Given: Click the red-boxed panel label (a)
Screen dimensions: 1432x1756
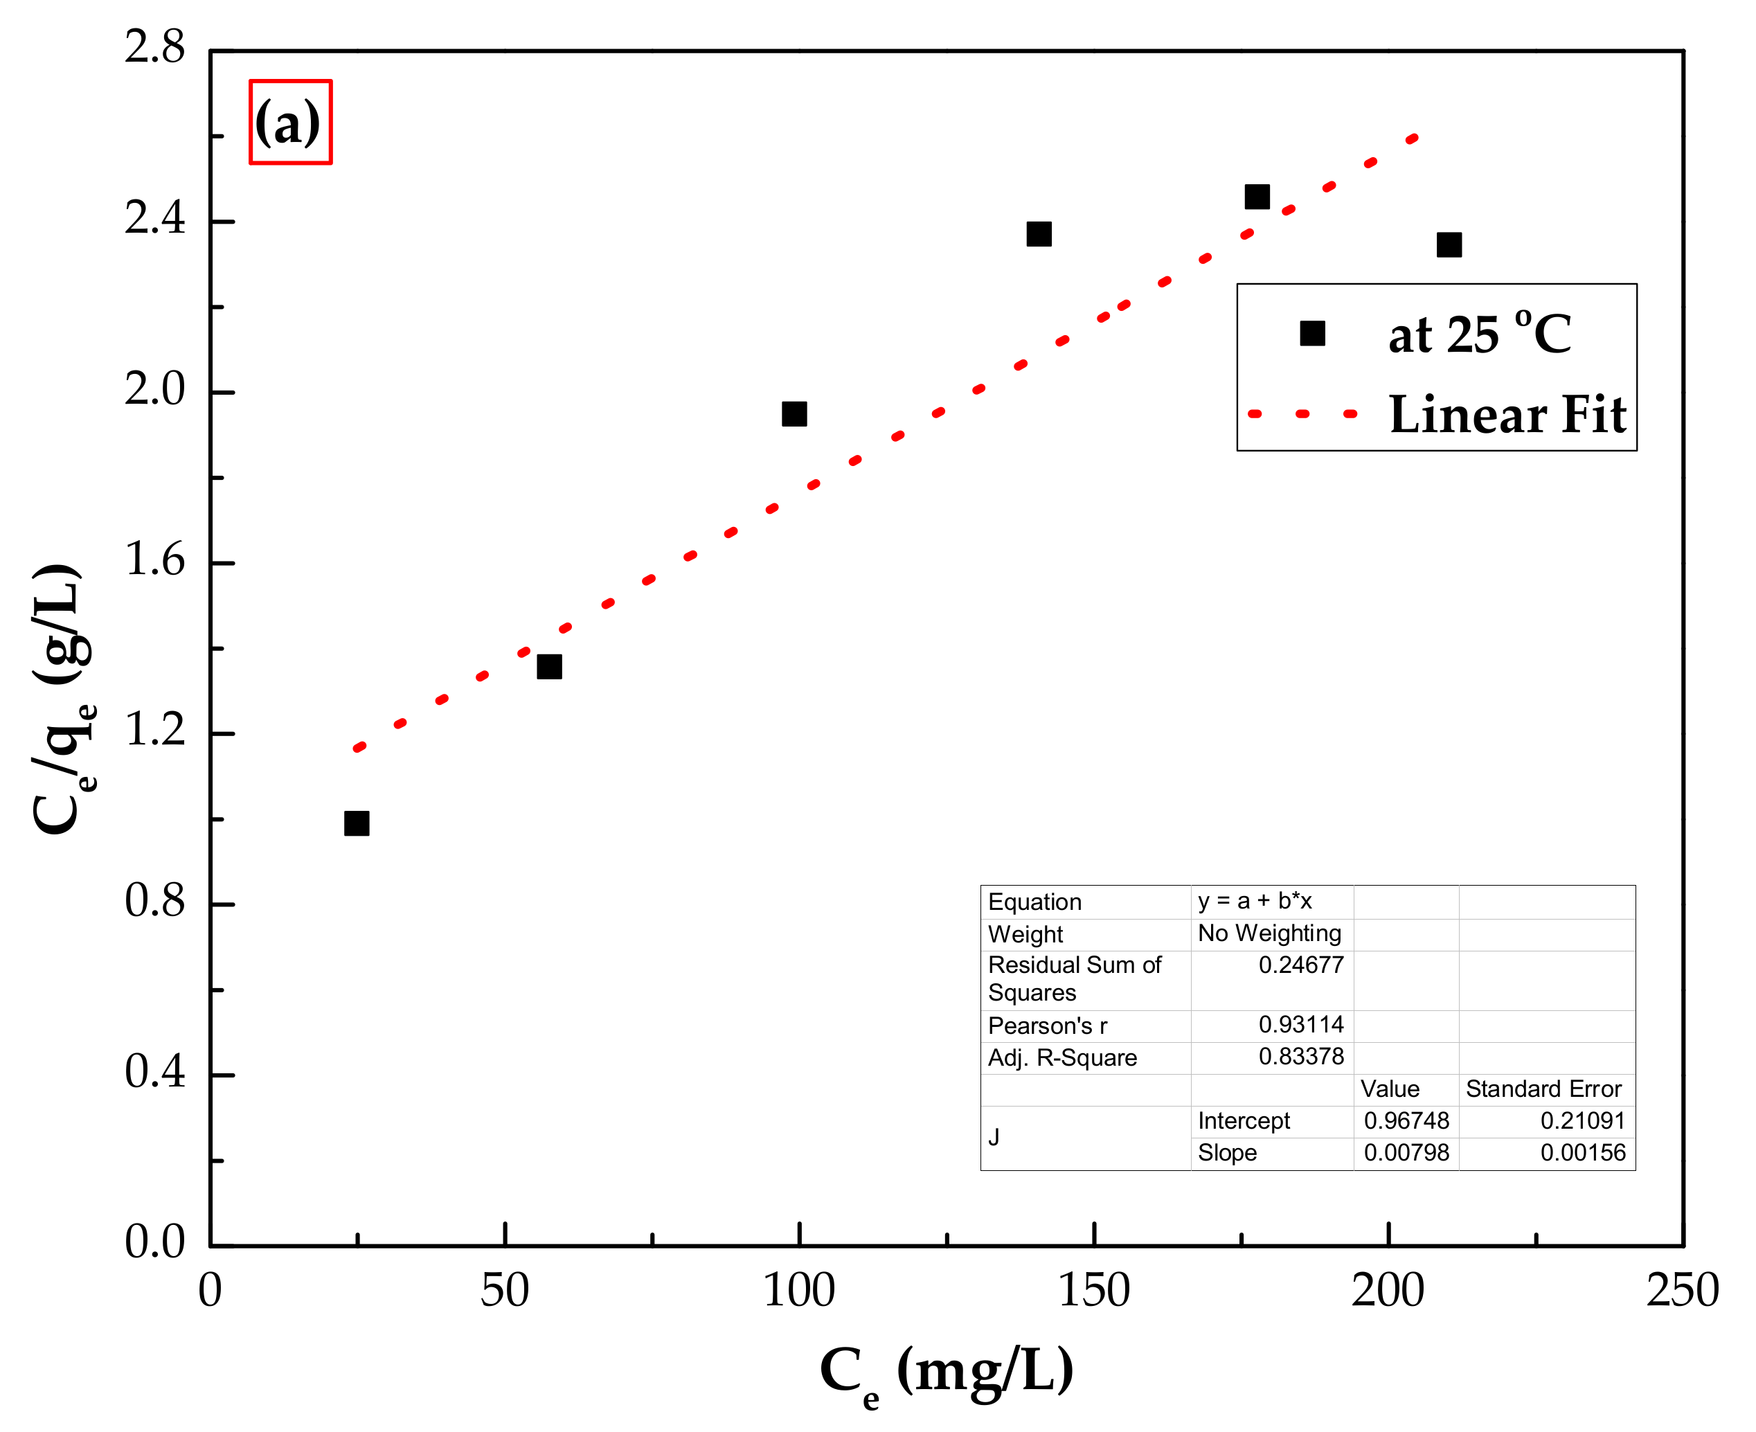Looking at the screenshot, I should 289,122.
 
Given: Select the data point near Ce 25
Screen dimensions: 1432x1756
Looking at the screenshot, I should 357,823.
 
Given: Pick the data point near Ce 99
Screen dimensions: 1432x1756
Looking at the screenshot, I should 794,413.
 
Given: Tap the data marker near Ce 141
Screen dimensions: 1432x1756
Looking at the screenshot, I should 1039,233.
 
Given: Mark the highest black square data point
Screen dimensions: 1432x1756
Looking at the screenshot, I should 1256,197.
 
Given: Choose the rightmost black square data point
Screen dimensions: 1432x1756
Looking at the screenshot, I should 1449,244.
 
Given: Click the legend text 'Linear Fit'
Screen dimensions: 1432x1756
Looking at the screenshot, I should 1507,414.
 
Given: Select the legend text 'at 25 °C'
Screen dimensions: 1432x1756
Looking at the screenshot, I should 1479,334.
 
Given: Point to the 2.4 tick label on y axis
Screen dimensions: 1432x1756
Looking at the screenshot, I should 155,219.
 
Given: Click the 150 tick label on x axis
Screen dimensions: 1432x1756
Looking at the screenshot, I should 1093,1290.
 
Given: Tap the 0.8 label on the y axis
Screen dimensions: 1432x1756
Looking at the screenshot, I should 155,901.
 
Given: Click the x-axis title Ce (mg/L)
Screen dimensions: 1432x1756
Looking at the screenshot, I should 946,1372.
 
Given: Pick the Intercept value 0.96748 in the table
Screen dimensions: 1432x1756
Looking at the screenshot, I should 1406,1120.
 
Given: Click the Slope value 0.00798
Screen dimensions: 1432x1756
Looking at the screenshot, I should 1406,1152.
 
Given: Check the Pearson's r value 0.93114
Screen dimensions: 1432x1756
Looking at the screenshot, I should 1300,1025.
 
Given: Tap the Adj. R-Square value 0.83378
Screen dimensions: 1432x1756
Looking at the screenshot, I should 1300,1056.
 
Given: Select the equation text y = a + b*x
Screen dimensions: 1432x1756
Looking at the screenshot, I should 1254,901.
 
